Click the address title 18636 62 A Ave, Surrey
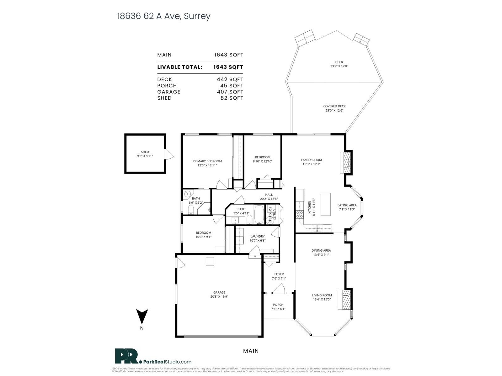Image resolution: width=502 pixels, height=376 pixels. coord(163,16)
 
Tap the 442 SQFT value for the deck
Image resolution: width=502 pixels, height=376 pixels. coord(230,80)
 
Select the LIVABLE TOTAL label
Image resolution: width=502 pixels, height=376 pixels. coord(179,67)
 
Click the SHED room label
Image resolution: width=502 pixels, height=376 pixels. coord(145,152)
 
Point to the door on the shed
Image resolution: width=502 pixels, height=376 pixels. coord(169,154)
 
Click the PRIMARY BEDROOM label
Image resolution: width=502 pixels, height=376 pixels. coord(207,161)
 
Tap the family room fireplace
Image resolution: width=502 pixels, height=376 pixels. coord(346,162)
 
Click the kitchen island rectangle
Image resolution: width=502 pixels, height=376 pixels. coord(326,204)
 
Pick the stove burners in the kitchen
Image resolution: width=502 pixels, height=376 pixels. coord(300,214)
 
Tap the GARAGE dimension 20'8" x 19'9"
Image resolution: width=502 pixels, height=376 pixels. coord(219,296)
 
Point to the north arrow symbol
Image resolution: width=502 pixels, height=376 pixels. coord(142,316)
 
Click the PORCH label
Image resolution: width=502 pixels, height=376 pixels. coord(278,305)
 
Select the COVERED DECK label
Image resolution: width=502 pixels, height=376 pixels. coord(334,106)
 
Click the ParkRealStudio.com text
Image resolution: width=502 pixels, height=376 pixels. coord(168,362)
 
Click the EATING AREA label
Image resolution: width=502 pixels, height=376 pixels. coord(347,205)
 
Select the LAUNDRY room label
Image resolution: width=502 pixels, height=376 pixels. coord(258,236)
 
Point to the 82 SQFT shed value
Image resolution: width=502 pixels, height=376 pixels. coord(232,98)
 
